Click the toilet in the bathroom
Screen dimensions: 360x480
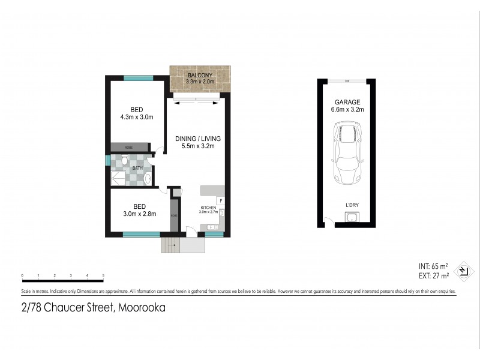pyautogui.click(x=124, y=161)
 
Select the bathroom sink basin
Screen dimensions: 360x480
pyautogui.click(x=146, y=178)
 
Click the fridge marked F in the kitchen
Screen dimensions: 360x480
pyautogui.click(x=221, y=200)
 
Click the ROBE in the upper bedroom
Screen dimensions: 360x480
pyautogui.click(x=129, y=147)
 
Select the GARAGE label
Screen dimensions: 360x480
pyautogui.click(x=347, y=102)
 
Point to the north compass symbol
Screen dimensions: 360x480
pyautogui.click(x=463, y=271)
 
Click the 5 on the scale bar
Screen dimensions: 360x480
pyautogui.click(x=103, y=275)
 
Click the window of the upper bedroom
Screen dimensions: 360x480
pyautogui.click(x=138, y=77)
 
